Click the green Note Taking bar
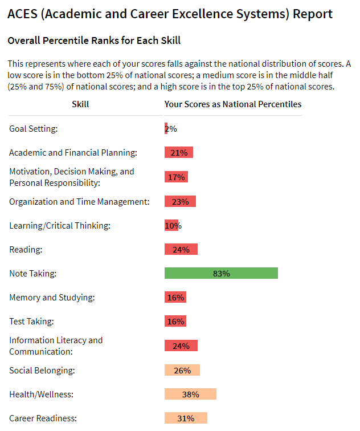pos(221,274)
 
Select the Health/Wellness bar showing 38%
pos(190,395)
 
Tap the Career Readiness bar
pos(186,418)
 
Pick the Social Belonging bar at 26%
pos(182,371)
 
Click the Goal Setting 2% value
pos(170,129)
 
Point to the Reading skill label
pos(26,249)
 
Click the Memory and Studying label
pos(52,298)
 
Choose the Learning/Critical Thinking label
pos(60,226)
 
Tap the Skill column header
pos(80,104)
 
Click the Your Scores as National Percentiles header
pos(233,104)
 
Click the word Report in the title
pos(313,14)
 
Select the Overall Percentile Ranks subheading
pos(94,41)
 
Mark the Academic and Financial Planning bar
pos(179,153)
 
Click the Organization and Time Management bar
pos(180,201)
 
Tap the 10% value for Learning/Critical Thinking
pos(173,226)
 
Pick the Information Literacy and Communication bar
pos(181,345)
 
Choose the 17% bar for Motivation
pos(176,177)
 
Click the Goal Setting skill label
pos(34,129)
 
